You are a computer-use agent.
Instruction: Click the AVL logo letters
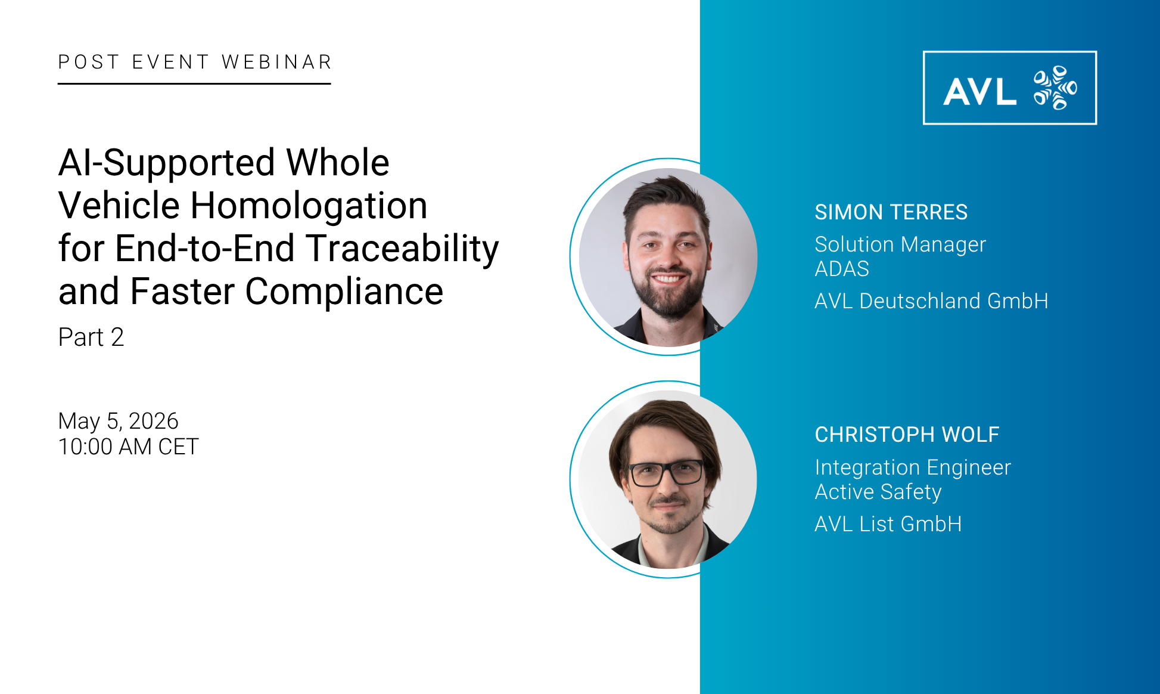[979, 91]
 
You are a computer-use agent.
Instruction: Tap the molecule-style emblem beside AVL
[1055, 88]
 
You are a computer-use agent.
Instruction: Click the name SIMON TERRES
[891, 212]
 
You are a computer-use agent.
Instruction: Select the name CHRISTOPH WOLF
[907, 435]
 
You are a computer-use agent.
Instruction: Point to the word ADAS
[842, 269]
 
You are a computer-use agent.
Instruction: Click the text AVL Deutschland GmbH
[931, 301]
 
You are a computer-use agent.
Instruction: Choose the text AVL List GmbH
[888, 524]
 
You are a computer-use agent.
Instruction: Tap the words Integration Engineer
[913, 467]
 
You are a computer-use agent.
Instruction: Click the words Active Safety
[878, 492]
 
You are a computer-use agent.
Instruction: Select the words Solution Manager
[900, 244]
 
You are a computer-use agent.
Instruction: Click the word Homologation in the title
[309, 206]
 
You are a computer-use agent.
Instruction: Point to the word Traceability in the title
[402, 249]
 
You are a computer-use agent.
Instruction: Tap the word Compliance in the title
[344, 292]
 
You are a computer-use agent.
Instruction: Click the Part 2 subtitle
[91, 337]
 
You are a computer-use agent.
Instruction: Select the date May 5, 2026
[119, 421]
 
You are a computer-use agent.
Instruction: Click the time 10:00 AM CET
[129, 447]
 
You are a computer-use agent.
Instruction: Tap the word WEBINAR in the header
[276, 62]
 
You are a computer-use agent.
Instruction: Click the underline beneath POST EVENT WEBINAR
[194, 83]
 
